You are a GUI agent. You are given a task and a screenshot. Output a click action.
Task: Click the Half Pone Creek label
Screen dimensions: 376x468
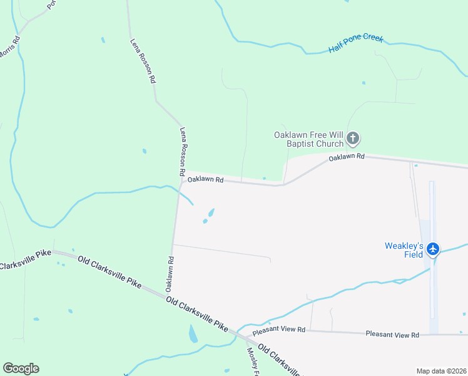click(x=355, y=44)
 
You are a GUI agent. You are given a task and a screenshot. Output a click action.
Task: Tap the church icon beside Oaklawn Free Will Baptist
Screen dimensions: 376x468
click(x=353, y=138)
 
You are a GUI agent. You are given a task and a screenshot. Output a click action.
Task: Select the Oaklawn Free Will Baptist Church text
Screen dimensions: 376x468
click(x=308, y=139)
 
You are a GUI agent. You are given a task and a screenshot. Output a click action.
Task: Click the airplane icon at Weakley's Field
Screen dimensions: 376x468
click(x=432, y=249)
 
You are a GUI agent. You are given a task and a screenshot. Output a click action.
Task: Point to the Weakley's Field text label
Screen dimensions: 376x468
click(x=404, y=249)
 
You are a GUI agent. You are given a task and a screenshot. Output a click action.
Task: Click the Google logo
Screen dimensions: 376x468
click(x=21, y=368)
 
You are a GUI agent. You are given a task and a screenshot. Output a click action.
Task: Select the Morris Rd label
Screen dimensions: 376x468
click(x=9, y=48)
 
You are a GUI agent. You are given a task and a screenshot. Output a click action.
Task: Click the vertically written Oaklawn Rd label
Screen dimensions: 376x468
click(x=169, y=273)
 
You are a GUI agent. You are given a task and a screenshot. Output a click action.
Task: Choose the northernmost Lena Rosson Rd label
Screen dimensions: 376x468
click(x=142, y=61)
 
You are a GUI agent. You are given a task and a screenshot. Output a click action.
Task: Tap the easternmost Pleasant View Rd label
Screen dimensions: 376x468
click(x=392, y=335)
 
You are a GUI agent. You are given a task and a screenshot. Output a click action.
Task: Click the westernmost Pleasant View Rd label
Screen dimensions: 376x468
click(x=279, y=330)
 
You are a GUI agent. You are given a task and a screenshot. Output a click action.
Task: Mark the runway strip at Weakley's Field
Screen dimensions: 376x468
click(x=431, y=251)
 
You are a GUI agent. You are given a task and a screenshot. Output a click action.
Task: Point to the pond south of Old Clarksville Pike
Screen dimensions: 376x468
click(x=193, y=333)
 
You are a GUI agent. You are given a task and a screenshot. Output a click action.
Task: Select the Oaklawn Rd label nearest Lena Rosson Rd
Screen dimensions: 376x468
click(x=205, y=179)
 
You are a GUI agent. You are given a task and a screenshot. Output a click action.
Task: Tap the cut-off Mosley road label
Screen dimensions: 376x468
click(x=253, y=358)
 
